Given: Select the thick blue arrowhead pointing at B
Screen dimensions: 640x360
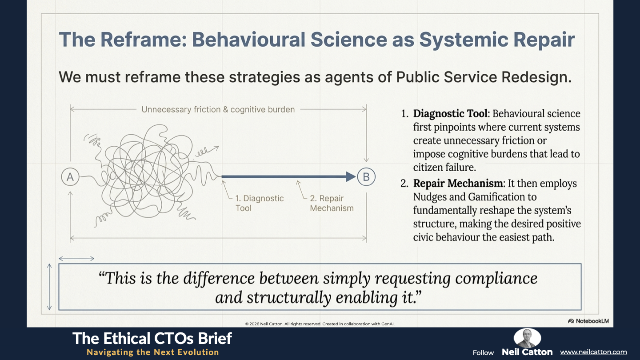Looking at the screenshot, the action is (351, 177).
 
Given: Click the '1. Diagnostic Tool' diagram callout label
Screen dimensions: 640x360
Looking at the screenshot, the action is (260, 203).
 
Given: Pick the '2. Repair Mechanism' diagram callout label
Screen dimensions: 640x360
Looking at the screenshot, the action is (332, 203).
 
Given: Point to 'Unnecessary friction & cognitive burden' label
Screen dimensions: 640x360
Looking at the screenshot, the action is (218, 109).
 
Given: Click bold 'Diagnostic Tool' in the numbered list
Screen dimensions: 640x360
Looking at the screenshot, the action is (450, 114).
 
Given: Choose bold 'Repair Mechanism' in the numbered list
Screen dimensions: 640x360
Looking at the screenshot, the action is (458, 184).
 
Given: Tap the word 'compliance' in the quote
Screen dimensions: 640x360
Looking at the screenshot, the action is (496, 279).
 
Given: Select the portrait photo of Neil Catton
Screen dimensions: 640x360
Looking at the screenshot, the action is (527, 338).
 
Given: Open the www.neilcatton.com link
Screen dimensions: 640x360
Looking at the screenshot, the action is (593, 352).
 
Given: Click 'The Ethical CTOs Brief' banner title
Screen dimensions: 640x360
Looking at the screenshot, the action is (152, 339).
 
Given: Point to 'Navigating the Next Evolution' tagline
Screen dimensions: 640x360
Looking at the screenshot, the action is (153, 352).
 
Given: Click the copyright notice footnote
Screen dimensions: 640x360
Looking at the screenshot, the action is (320, 324).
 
